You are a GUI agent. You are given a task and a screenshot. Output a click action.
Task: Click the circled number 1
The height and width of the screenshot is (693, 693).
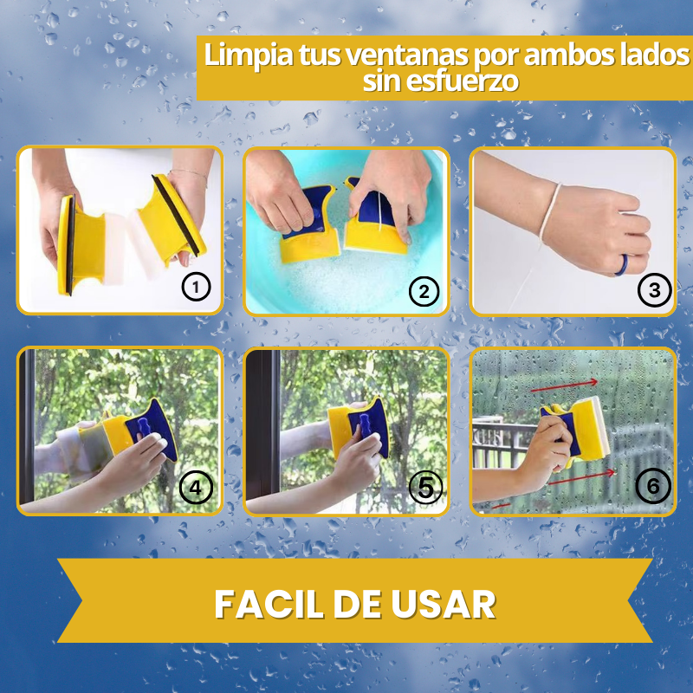click(197, 288)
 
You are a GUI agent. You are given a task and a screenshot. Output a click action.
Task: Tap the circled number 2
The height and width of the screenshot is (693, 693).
click(424, 292)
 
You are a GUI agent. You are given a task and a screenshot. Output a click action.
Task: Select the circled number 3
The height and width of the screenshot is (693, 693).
click(655, 290)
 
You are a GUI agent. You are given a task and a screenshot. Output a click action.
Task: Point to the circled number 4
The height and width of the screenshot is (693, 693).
click(196, 488)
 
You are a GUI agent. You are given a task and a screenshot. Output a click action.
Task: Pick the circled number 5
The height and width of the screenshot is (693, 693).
click(425, 488)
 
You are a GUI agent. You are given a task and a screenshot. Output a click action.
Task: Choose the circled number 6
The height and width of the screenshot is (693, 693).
click(653, 486)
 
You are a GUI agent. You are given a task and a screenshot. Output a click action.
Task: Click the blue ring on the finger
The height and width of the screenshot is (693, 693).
click(622, 265)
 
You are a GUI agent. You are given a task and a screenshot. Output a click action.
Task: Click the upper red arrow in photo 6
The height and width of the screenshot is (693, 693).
click(564, 385)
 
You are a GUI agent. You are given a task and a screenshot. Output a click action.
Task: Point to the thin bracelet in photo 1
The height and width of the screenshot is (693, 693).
click(188, 174)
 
